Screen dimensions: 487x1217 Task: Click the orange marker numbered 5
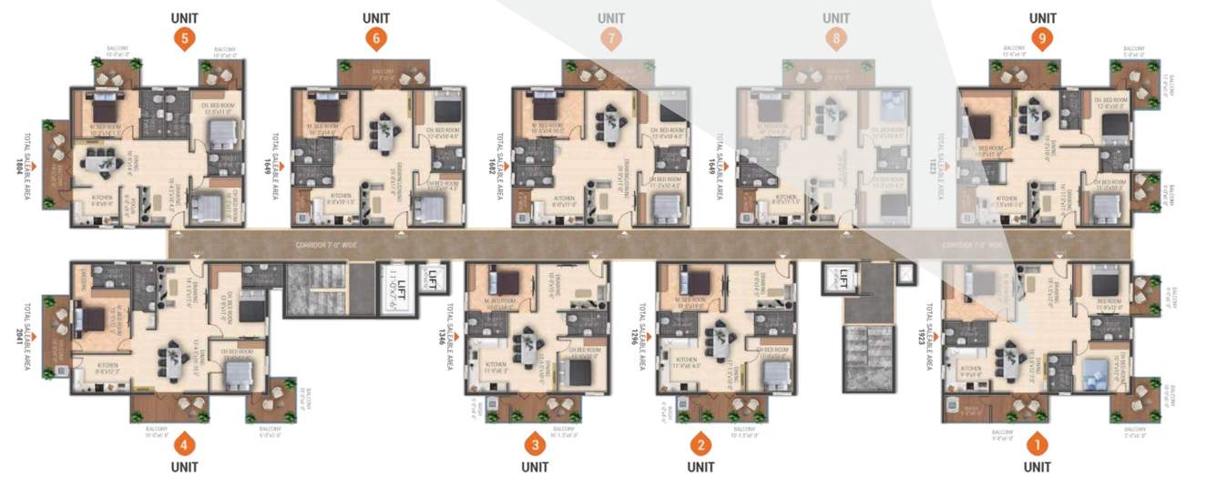point(186,38)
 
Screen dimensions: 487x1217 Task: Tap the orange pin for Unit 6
point(376,38)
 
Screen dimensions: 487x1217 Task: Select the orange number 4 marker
point(186,446)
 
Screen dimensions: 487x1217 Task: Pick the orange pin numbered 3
point(535,445)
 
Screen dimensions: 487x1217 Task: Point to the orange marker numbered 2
point(701,445)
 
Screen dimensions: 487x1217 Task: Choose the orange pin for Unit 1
point(1037,445)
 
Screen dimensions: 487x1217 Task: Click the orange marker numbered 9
point(1042,38)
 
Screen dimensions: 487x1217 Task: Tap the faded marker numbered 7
point(611,38)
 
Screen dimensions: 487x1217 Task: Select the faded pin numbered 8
point(835,38)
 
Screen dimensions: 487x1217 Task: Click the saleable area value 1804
point(17,166)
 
